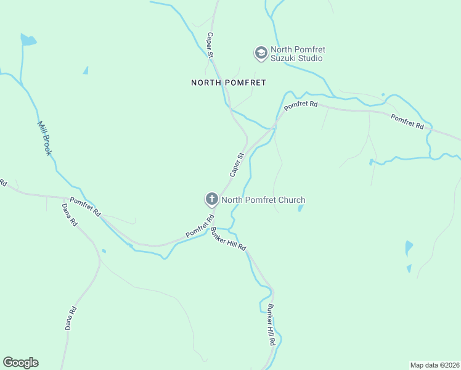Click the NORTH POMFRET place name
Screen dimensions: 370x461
[x=228, y=82]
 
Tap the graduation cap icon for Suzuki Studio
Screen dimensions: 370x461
[x=261, y=54]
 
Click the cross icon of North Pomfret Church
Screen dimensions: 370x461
[x=211, y=199]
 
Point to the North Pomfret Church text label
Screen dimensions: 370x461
[x=263, y=200]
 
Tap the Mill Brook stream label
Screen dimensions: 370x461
[x=44, y=138]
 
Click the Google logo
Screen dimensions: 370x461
[x=20, y=363]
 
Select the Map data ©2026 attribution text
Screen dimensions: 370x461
[x=435, y=365]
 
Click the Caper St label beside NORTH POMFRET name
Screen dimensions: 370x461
[x=210, y=46]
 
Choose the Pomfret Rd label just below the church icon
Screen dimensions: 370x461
[x=200, y=227]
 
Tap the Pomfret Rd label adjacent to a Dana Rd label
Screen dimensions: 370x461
[x=85, y=207]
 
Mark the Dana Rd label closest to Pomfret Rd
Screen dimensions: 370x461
[x=69, y=214]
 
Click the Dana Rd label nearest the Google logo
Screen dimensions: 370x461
[x=71, y=318]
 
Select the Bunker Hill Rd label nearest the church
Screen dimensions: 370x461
[x=228, y=239]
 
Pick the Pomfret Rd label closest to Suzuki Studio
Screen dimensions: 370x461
[x=301, y=106]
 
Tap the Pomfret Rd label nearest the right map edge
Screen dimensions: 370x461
[x=407, y=122]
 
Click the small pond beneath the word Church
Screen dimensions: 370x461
[x=300, y=208]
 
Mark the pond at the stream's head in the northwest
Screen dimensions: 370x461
[x=28, y=40]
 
